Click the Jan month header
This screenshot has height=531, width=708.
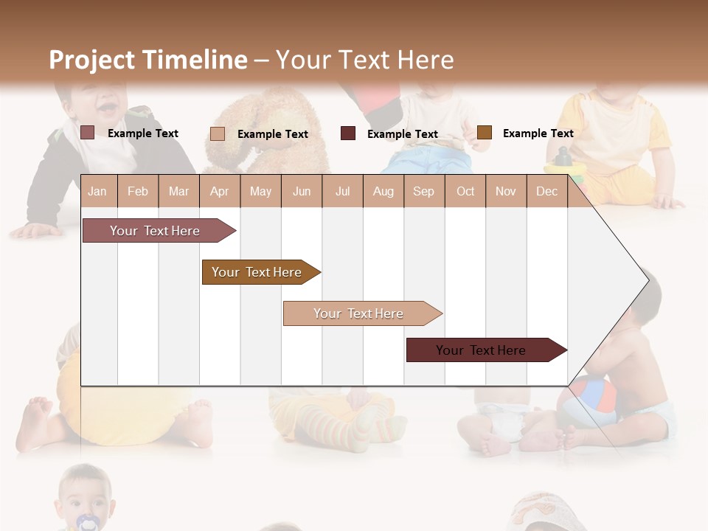pyautogui.click(x=97, y=191)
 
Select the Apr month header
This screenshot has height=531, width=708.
pyautogui.click(x=219, y=191)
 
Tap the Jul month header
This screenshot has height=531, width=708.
pyautogui.click(x=342, y=191)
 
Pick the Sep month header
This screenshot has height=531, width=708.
pyautogui.click(x=423, y=191)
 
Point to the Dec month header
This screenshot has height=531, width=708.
pyautogui.click(x=546, y=191)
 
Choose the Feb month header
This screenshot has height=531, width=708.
pyautogui.click(x=138, y=191)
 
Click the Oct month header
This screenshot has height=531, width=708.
pyautogui.click(x=465, y=191)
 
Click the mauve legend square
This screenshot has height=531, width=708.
pyautogui.click(x=87, y=133)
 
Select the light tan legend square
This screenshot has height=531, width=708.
pyautogui.click(x=218, y=133)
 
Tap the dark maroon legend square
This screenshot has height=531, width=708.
pyautogui.click(x=348, y=133)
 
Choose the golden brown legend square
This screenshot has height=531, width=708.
pyautogui.click(x=484, y=133)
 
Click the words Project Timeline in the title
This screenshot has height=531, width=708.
pyautogui.click(x=148, y=60)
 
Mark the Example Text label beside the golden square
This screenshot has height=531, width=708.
pyautogui.click(x=538, y=133)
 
